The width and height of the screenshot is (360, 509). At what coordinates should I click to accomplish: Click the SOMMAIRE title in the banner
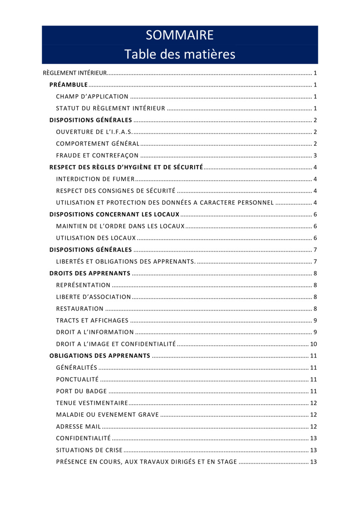point(179,35)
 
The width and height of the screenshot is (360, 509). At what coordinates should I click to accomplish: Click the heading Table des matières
point(179,54)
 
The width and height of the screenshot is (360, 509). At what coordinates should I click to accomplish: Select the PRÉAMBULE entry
point(68,85)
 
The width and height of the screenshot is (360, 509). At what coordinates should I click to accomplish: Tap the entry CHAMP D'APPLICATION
point(92,97)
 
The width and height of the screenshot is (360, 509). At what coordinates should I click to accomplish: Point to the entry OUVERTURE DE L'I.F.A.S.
point(94,132)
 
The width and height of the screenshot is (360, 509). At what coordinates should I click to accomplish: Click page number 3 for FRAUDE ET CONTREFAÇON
point(315,156)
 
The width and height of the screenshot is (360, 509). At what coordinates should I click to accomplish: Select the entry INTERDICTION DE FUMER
point(95,179)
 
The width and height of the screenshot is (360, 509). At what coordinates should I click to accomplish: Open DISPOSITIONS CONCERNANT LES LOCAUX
point(114,215)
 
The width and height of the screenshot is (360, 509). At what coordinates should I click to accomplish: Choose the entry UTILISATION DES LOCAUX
point(96,238)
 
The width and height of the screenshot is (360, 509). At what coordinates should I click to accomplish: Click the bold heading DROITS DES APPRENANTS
point(89,273)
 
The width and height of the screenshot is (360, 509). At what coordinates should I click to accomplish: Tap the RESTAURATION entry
point(80,309)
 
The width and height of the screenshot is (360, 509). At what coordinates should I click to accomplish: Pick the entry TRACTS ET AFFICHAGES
point(92,320)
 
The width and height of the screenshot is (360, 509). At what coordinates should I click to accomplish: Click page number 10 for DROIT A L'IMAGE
point(314,344)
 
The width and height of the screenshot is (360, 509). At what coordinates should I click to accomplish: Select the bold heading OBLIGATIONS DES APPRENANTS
point(100,355)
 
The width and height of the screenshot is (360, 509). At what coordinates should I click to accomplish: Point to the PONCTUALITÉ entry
point(77,379)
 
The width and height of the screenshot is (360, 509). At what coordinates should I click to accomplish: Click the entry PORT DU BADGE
point(81,391)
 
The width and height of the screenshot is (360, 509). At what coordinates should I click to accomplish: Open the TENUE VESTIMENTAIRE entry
point(92,403)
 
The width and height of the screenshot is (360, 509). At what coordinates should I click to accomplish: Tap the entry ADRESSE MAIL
point(78,426)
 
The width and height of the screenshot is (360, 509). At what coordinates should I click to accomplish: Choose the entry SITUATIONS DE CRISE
point(89,450)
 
